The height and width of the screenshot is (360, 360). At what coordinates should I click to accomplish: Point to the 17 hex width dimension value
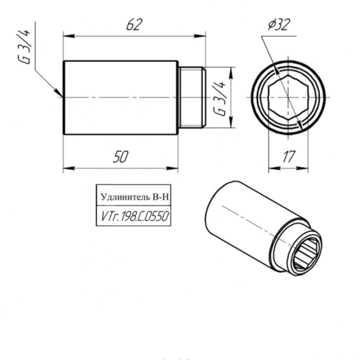[x=289, y=157]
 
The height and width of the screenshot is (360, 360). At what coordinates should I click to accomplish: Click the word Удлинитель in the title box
[x=123, y=196]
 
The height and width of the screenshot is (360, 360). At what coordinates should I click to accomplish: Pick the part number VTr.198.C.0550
[x=133, y=217]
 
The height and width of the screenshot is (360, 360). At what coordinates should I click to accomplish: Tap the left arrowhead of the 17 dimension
[x=272, y=168]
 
